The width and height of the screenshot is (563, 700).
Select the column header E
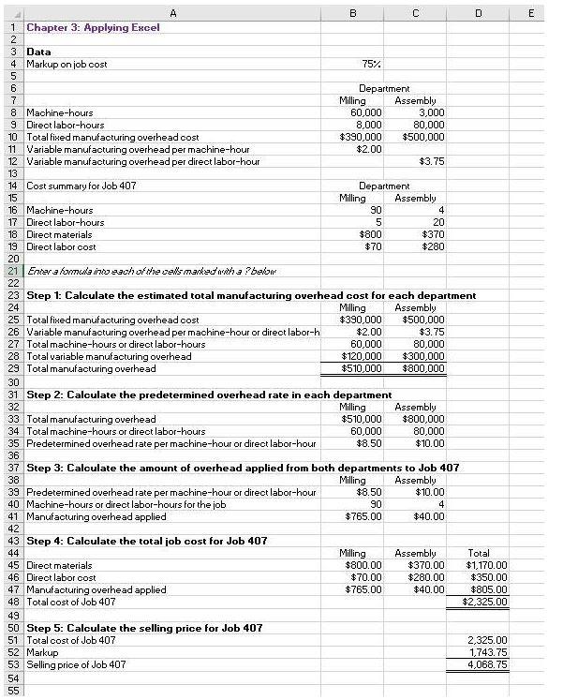531,13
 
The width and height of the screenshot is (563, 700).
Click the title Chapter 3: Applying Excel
93,27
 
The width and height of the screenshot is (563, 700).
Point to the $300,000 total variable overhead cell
422,356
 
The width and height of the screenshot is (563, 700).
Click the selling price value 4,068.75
486,664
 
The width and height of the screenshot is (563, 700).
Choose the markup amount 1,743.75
486,652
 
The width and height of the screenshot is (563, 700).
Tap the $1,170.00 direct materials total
486,565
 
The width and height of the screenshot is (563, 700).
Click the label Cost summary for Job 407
81,186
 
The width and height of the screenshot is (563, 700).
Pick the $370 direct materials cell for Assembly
428,234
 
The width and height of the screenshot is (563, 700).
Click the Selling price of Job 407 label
76,664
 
